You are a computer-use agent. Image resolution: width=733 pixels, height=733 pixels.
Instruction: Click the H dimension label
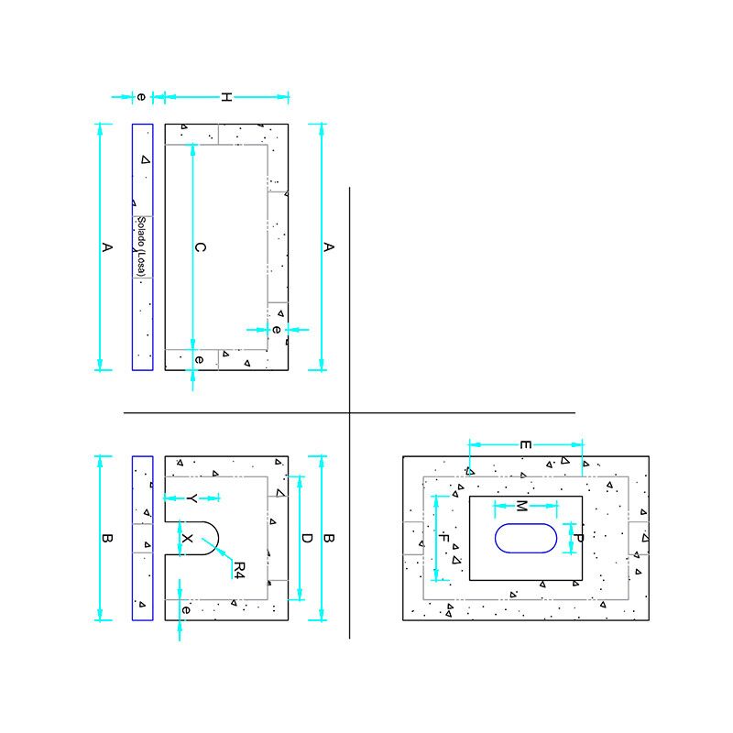pyautogui.click(x=226, y=97)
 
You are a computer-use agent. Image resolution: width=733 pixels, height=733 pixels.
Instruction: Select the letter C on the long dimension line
pyautogui.click(x=200, y=247)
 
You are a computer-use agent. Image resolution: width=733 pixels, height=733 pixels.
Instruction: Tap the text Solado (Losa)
pyautogui.click(x=141, y=246)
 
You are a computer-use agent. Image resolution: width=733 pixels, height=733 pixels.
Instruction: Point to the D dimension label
pyautogui.click(x=307, y=538)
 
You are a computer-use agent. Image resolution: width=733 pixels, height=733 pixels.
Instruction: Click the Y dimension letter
pyautogui.click(x=191, y=498)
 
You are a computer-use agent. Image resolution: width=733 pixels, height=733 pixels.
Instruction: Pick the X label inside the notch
pyautogui.click(x=187, y=539)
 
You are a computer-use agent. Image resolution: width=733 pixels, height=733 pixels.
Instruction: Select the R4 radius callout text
pyautogui.click(x=239, y=570)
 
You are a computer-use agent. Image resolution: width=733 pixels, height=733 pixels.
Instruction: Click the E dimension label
pyautogui.click(x=525, y=444)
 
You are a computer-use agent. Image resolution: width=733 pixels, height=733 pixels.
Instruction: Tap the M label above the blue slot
pyautogui.click(x=521, y=506)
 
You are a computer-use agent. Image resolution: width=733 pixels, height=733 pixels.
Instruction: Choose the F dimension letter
pyautogui.click(x=444, y=538)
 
